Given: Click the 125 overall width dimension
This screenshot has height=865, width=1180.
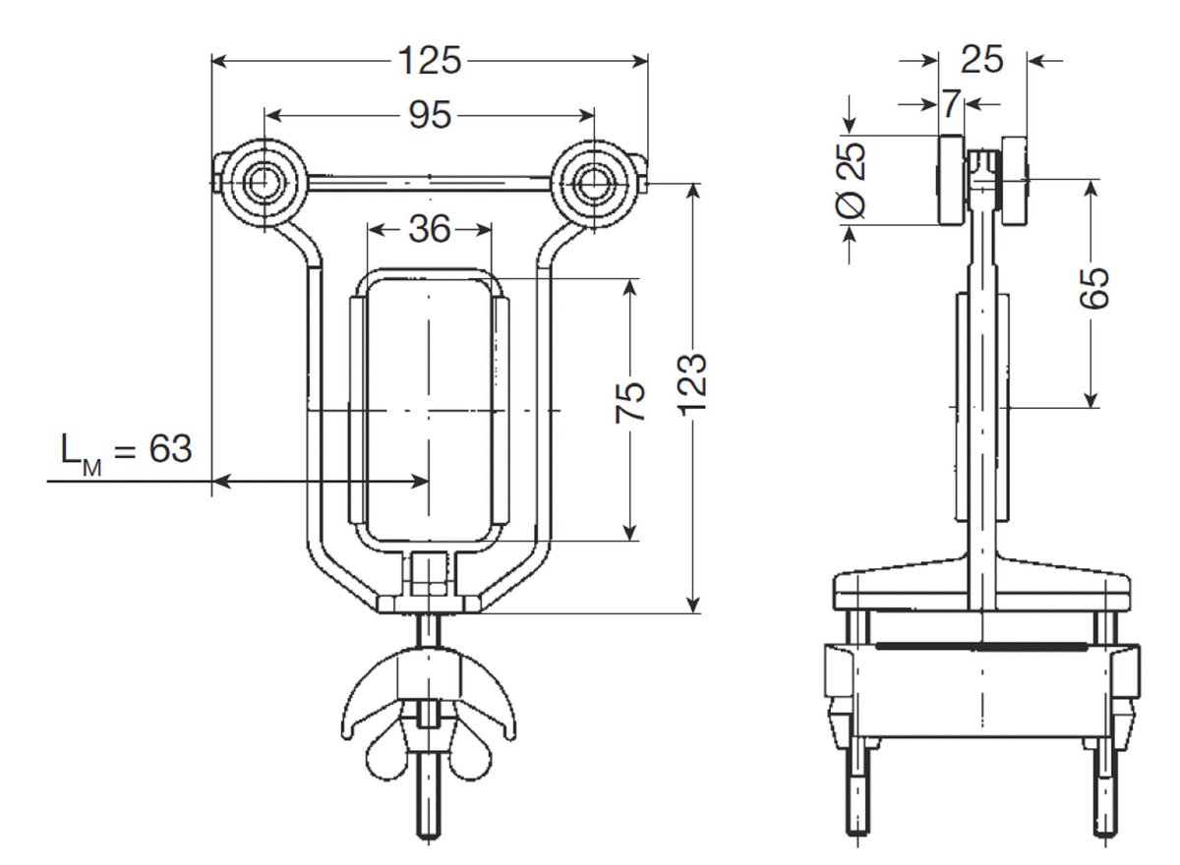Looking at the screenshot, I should point(430,61).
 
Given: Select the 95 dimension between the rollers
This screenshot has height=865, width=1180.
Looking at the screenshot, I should point(430,115).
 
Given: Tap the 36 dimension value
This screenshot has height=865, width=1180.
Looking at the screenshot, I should point(429,229).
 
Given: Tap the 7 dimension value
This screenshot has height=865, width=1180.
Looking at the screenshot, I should point(950,102).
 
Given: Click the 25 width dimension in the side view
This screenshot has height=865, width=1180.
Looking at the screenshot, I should point(981,61).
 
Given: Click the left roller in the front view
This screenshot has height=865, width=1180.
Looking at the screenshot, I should point(264,182).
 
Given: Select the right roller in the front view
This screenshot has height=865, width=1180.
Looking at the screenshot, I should point(594,182).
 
